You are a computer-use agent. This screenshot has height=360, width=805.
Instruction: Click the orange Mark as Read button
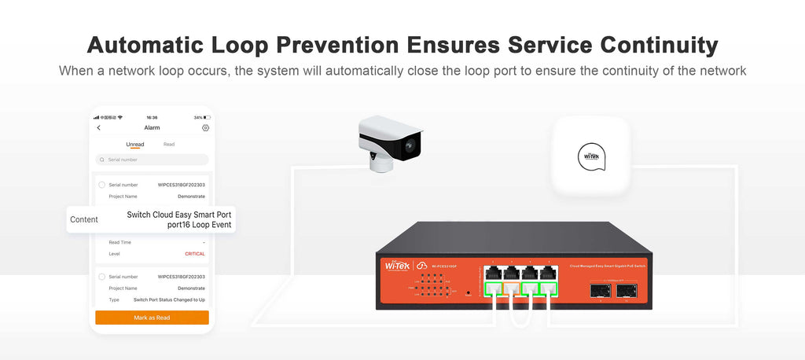[152, 318]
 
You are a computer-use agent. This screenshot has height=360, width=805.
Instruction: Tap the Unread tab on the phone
[135, 145]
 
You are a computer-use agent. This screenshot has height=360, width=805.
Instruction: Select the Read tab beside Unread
[169, 145]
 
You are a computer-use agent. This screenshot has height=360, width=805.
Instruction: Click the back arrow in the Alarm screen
[99, 127]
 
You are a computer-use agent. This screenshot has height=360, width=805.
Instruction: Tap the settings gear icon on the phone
[205, 127]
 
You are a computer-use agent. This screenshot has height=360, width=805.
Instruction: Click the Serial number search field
[152, 160]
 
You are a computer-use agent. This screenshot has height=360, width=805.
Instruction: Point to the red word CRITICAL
[194, 254]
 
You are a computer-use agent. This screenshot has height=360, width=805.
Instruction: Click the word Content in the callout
[84, 219]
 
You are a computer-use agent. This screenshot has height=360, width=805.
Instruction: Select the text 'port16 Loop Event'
[200, 225]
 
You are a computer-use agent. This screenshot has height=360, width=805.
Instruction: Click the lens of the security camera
[411, 145]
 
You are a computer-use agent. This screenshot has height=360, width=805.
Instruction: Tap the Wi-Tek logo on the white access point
[590, 154]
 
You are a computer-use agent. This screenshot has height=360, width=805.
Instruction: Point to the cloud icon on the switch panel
[422, 266]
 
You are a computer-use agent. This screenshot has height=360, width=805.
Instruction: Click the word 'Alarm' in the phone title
[152, 127]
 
